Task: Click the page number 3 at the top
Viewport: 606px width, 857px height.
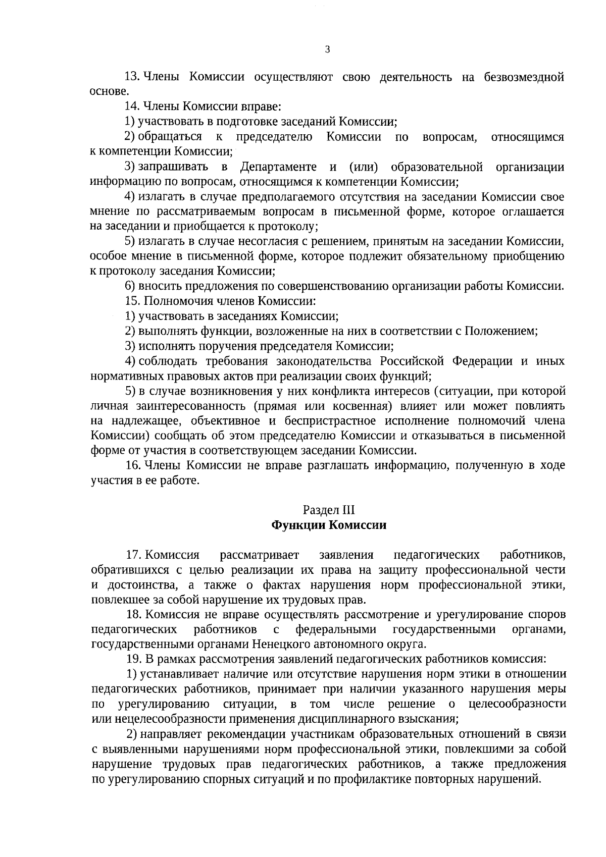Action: [x=327, y=49]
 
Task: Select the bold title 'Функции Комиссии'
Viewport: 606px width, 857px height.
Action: [x=329, y=525]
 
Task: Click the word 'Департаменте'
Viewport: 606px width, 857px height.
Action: [x=278, y=167]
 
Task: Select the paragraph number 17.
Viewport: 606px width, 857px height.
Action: [x=132, y=556]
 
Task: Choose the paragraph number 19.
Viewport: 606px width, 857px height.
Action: [x=132, y=660]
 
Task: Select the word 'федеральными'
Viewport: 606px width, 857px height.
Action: [x=336, y=630]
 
